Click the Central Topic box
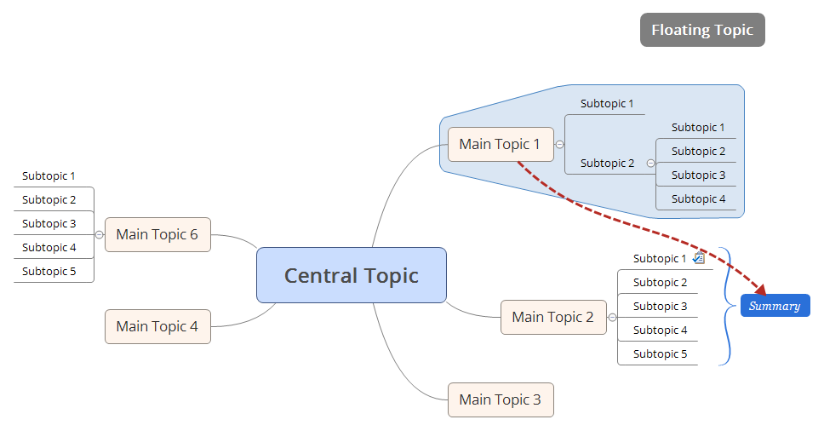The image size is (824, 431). [x=351, y=275]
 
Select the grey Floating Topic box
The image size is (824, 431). [x=702, y=30]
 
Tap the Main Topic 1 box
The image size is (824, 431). [x=500, y=144]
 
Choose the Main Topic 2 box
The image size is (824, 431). [x=552, y=317]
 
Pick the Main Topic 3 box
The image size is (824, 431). [x=500, y=399]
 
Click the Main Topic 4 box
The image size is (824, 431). [x=157, y=326]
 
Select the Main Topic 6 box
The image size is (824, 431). [x=157, y=234]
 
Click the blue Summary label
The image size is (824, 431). [x=775, y=306]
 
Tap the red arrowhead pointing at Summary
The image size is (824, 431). [x=758, y=290]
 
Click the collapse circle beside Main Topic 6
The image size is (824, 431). [x=99, y=234]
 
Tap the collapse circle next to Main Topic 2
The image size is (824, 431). [x=612, y=317]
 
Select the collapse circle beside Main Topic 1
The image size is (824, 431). [x=559, y=144]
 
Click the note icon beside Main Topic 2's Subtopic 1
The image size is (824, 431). [x=698, y=258]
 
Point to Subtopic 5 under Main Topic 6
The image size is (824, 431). [x=49, y=272]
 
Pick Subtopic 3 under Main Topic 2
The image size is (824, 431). [x=660, y=306]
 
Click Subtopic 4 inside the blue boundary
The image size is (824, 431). [x=698, y=199]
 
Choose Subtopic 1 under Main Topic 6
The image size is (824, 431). [x=49, y=176]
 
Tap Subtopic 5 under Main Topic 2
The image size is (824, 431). [x=660, y=353]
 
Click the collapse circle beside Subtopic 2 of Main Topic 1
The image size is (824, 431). [x=650, y=163]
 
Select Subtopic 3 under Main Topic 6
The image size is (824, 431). [x=49, y=224]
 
